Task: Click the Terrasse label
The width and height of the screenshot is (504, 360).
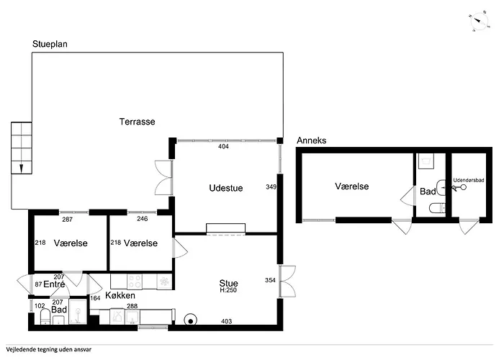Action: click(138, 122)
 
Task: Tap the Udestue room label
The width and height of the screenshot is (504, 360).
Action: click(226, 188)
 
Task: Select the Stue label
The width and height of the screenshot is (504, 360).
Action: click(228, 283)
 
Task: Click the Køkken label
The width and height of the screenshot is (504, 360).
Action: click(120, 295)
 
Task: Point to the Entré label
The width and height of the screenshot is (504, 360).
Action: click(54, 284)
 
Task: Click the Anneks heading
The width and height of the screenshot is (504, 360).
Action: click(312, 140)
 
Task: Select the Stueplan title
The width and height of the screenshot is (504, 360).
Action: click(50, 44)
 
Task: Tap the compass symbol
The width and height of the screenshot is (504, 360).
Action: click(480, 21)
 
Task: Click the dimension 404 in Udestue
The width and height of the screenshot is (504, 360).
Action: click(223, 147)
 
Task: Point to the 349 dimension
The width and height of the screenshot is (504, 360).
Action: click(271, 186)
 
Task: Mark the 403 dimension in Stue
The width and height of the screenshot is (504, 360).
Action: click(226, 321)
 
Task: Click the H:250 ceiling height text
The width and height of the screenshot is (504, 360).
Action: click(228, 290)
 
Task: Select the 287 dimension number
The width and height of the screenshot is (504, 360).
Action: click(67, 220)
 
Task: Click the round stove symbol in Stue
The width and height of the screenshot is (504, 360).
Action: click(191, 320)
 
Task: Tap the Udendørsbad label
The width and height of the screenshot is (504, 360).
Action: click(468, 180)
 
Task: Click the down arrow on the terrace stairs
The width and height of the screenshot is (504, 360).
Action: click(22, 168)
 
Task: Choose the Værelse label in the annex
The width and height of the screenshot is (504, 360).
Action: click(351, 186)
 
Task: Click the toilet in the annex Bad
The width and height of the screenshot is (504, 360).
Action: click(437, 208)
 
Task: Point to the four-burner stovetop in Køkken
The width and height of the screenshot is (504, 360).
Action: click(135, 282)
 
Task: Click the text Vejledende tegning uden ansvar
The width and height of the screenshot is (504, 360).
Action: click(48, 350)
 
